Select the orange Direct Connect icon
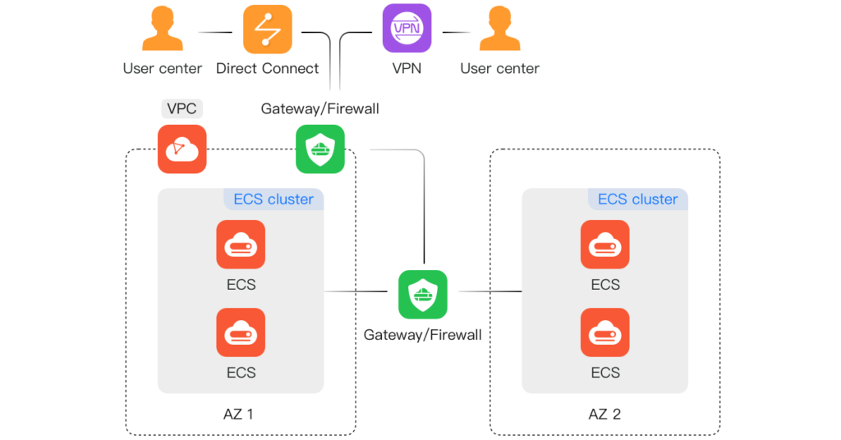[x=267, y=29]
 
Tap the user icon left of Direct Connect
[x=163, y=30]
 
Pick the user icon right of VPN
[x=500, y=30]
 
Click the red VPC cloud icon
[x=182, y=149]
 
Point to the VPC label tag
[x=182, y=108]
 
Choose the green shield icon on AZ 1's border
[x=320, y=149]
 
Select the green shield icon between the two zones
[x=423, y=294]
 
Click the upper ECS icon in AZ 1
[x=241, y=245]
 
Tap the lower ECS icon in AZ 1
[x=241, y=332]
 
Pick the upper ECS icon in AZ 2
[x=605, y=245]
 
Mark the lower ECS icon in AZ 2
[x=605, y=332]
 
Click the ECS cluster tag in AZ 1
[x=273, y=199]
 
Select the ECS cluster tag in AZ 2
[x=637, y=199]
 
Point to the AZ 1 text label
[x=238, y=414]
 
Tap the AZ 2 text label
[x=604, y=414]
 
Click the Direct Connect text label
[x=268, y=68]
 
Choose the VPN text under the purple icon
[x=407, y=68]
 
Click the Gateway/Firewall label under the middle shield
[x=422, y=334]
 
